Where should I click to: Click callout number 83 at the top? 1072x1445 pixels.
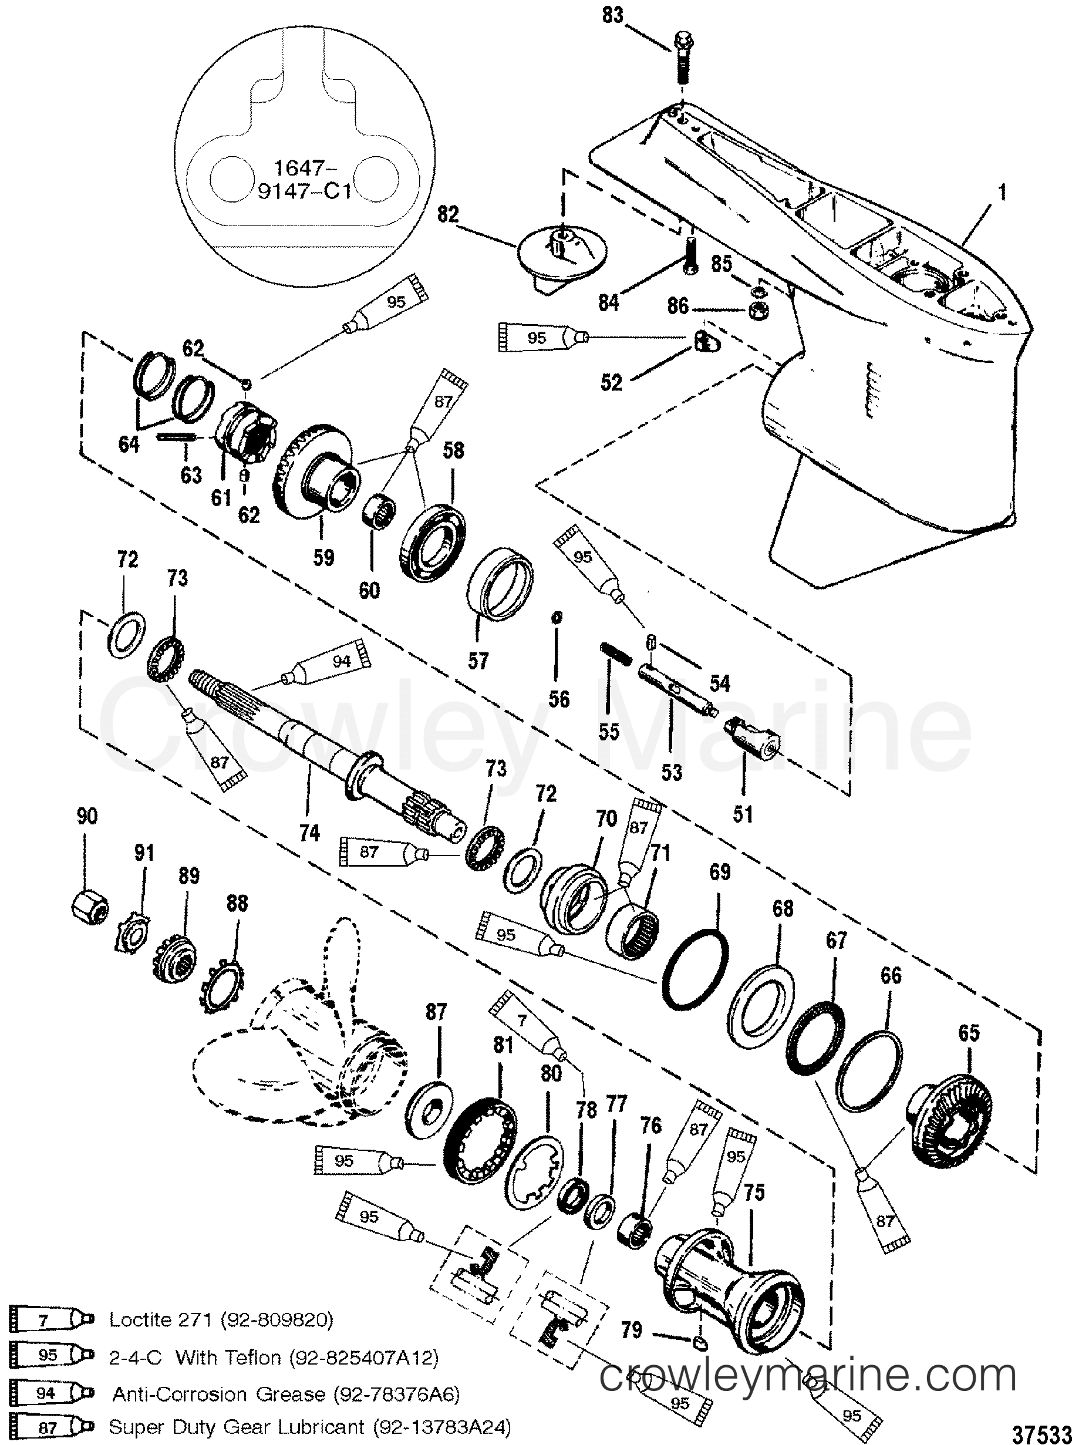(x=612, y=16)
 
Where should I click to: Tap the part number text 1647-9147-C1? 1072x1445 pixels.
(x=304, y=180)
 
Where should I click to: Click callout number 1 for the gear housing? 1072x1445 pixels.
(x=1002, y=193)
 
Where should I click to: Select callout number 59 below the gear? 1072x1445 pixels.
(x=324, y=557)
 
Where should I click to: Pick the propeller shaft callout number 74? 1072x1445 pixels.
(x=309, y=833)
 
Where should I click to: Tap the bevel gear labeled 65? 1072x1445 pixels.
(x=950, y=1116)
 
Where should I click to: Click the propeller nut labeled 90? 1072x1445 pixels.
(x=90, y=907)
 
